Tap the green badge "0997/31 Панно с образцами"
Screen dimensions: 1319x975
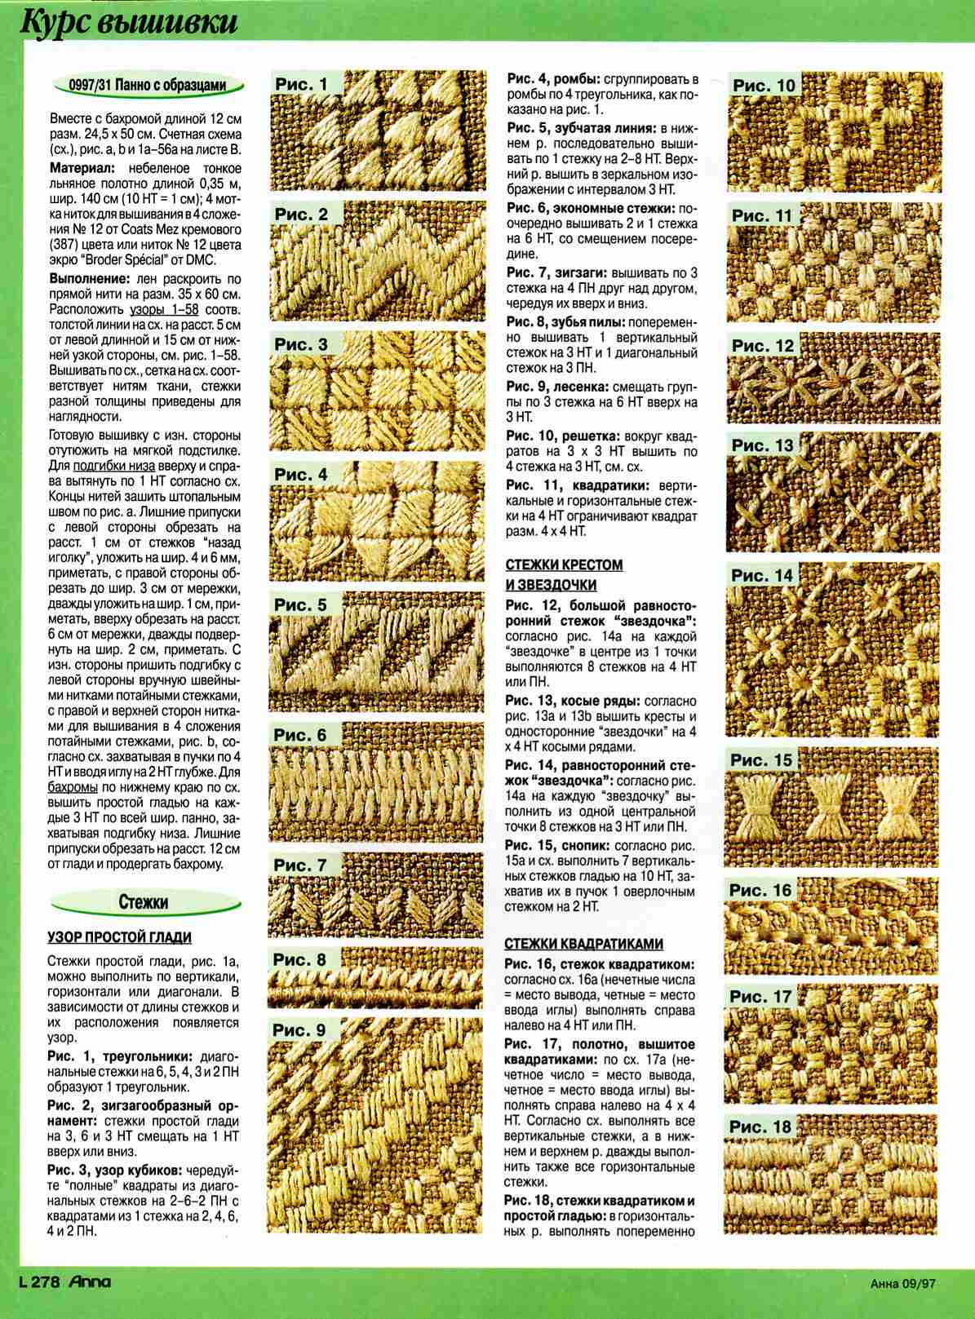[147, 85]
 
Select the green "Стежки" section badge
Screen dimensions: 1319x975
[144, 902]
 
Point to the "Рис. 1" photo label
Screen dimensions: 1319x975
[302, 84]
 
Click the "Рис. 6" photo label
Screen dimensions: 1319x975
[301, 734]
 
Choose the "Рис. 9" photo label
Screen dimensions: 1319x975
[300, 1030]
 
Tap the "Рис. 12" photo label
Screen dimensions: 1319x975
[763, 346]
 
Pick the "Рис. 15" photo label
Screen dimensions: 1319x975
[761, 760]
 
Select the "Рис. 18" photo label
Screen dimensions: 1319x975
[760, 1126]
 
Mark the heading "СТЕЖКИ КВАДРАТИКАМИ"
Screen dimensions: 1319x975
[583, 944]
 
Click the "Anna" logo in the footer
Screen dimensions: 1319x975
[90, 1282]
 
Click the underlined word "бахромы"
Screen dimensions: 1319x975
[74, 789]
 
